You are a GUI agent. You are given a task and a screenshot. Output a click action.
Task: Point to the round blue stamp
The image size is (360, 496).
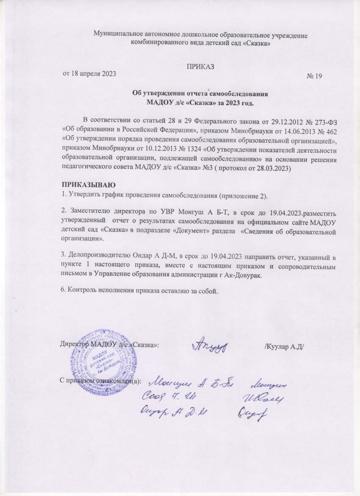click(92, 355)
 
